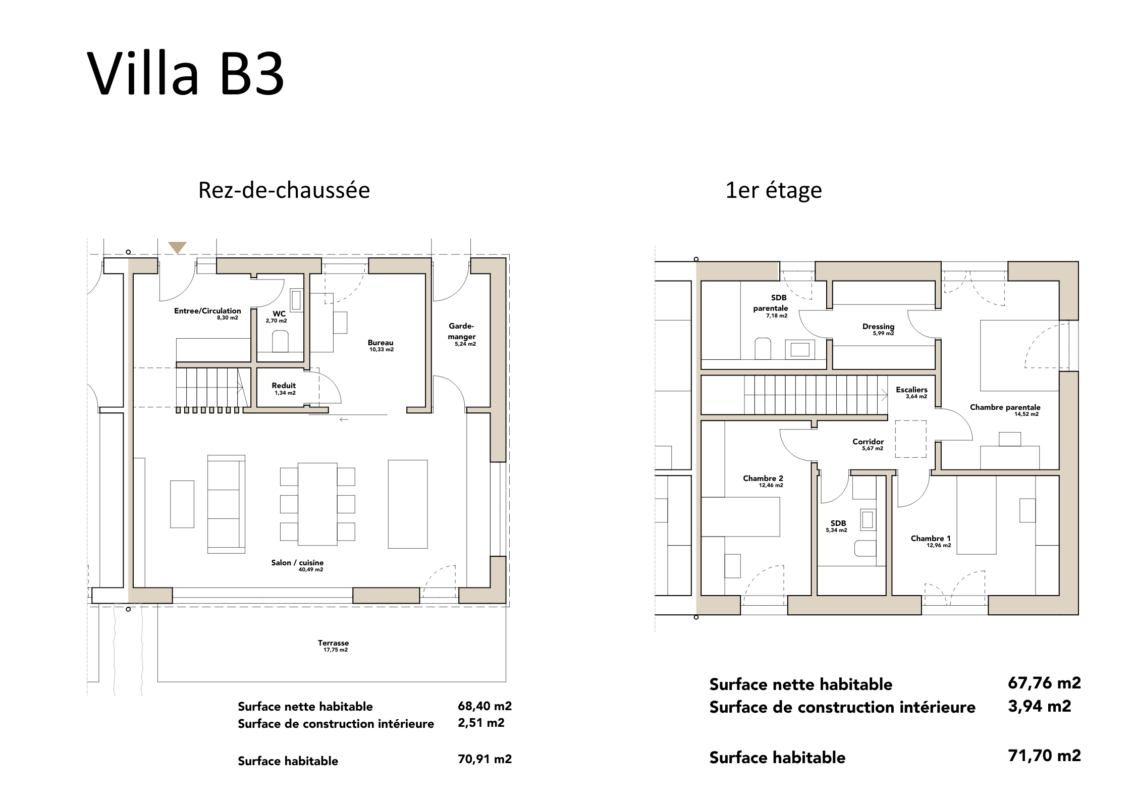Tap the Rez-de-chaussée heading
[x=284, y=190]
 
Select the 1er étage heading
[x=774, y=191]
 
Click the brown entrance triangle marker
[x=177, y=247]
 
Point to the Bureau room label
[x=381, y=343]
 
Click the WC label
[x=279, y=313]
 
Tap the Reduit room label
[x=284, y=386]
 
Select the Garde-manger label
[x=461, y=331]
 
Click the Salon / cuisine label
[x=297, y=562]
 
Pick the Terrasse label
[x=333, y=643]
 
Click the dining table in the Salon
[x=317, y=504]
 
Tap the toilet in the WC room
[x=280, y=341]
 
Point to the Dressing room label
[x=878, y=327]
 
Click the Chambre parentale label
[x=1005, y=407]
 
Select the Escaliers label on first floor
[x=911, y=390]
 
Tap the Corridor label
[x=868, y=442]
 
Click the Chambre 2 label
[x=763, y=478]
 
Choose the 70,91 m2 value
[x=484, y=759]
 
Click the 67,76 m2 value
[x=1044, y=683]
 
